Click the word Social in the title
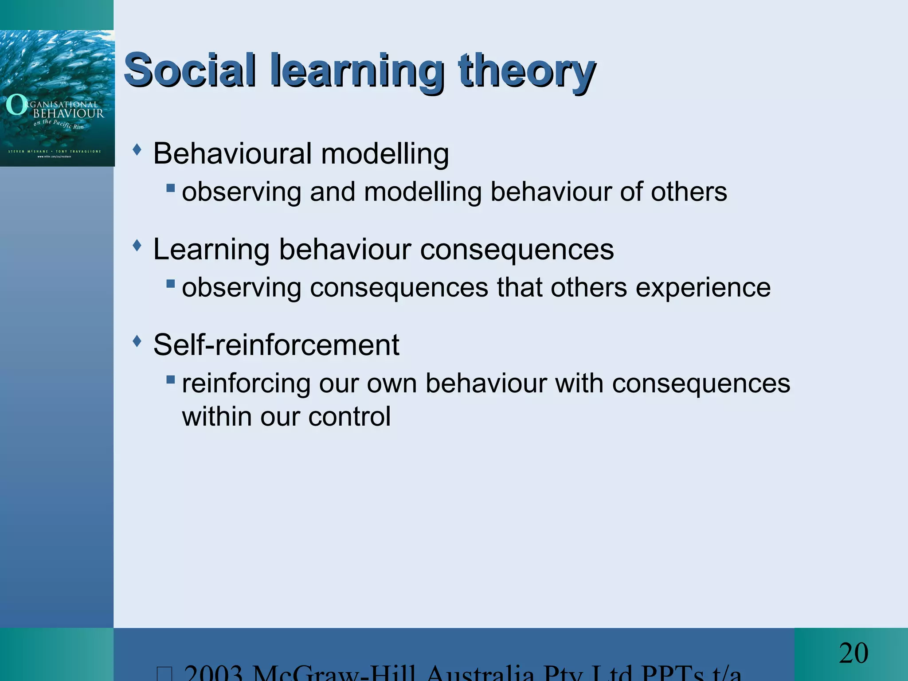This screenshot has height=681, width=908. (x=190, y=70)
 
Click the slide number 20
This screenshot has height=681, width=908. (x=853, y=653)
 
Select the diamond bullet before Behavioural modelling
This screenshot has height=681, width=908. (x=137, y=149)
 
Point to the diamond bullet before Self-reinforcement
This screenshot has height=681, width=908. (x=137, y=341)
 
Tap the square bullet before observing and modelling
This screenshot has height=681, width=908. (x=171, y=188)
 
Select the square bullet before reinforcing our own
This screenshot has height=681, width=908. (x=171, y=380)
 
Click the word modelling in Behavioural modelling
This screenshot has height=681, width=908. (x=385, y=154)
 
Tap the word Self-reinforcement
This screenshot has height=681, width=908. (x=276, y=345)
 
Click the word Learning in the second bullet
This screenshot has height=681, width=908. (x=211, y=249)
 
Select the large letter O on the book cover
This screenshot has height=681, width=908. (x=16, y=105)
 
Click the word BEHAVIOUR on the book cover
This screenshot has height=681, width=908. (x=69, y=113)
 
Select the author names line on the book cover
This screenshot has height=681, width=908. (x=55, y=152)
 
